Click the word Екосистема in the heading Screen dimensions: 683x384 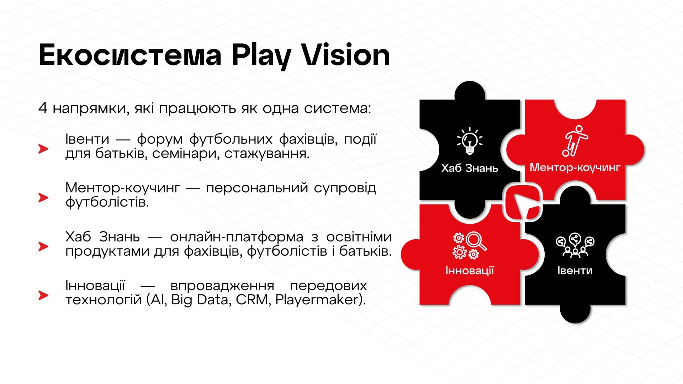click(130, 55)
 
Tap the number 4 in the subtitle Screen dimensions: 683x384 click(43, 108)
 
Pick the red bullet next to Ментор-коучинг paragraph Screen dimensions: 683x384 click(43, 197)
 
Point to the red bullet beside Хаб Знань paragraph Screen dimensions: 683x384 click(43, 246)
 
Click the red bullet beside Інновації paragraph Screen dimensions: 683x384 click(43, 295)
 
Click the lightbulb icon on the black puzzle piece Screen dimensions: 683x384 click(470, 141)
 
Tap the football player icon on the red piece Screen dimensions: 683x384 click(575, 141)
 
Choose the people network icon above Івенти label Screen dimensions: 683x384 click(575, 245)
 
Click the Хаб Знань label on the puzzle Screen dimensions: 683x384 click(470, 168)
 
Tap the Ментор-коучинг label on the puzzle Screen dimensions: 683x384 click(575, 167)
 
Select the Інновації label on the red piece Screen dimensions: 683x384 click(470, 271)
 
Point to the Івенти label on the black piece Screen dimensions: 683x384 click(575, 271)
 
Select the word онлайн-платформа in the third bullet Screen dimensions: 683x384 click(237, 237)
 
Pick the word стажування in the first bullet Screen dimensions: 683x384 click(266, 154)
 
